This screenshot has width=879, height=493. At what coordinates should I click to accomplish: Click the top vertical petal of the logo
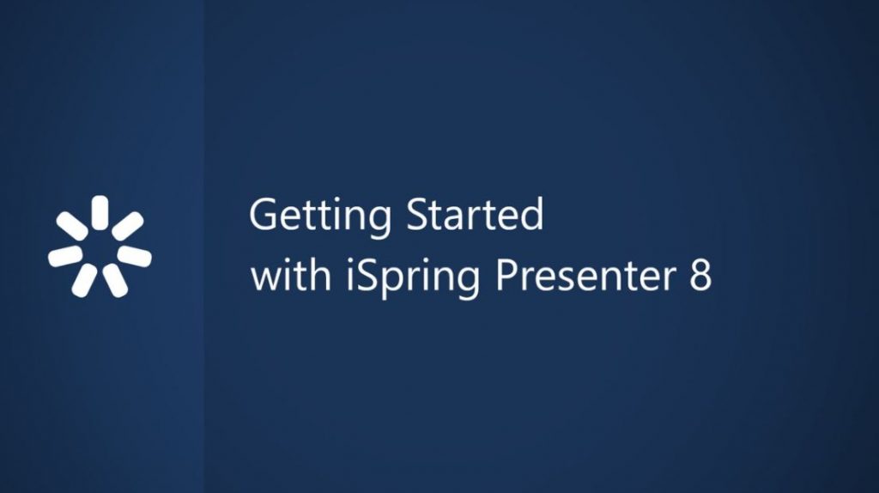(100, 212)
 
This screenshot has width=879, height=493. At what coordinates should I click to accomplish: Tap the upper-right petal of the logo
(127, 226)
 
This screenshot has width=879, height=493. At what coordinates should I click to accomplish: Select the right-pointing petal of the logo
(134, 256)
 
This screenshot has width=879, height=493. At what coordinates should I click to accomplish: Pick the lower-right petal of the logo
(116, 280)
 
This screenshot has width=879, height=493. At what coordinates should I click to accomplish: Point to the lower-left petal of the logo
(84, 280)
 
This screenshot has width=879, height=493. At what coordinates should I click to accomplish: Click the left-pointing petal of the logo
(65, 256)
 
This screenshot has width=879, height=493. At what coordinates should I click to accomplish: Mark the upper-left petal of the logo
(72, 226)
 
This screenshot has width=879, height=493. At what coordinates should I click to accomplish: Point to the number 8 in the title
(700, 278)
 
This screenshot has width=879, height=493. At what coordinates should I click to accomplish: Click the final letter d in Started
(532, 215)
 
